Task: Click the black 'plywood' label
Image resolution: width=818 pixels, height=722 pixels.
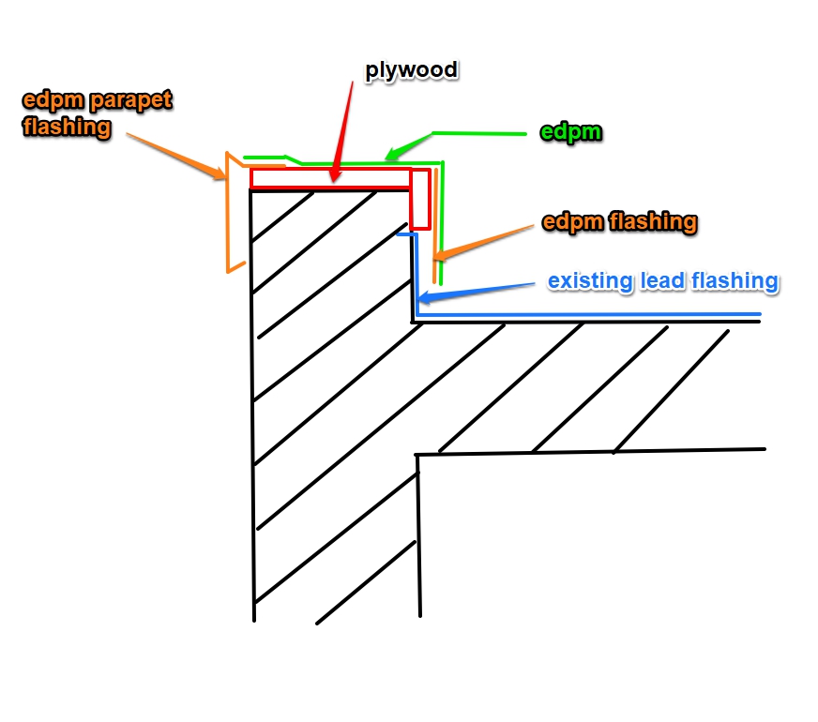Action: point(411,70)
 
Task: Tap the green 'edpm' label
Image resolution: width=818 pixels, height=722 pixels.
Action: point(571,133)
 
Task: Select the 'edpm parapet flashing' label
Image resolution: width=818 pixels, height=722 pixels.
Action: point(97,113)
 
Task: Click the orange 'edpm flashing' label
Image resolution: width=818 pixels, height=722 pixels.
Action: point(619,223)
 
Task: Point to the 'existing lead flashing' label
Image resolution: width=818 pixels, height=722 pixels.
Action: point(662,280)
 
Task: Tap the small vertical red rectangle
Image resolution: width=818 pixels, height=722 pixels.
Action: point(420,200)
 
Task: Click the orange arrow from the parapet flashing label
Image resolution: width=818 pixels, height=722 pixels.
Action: point(178,150)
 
